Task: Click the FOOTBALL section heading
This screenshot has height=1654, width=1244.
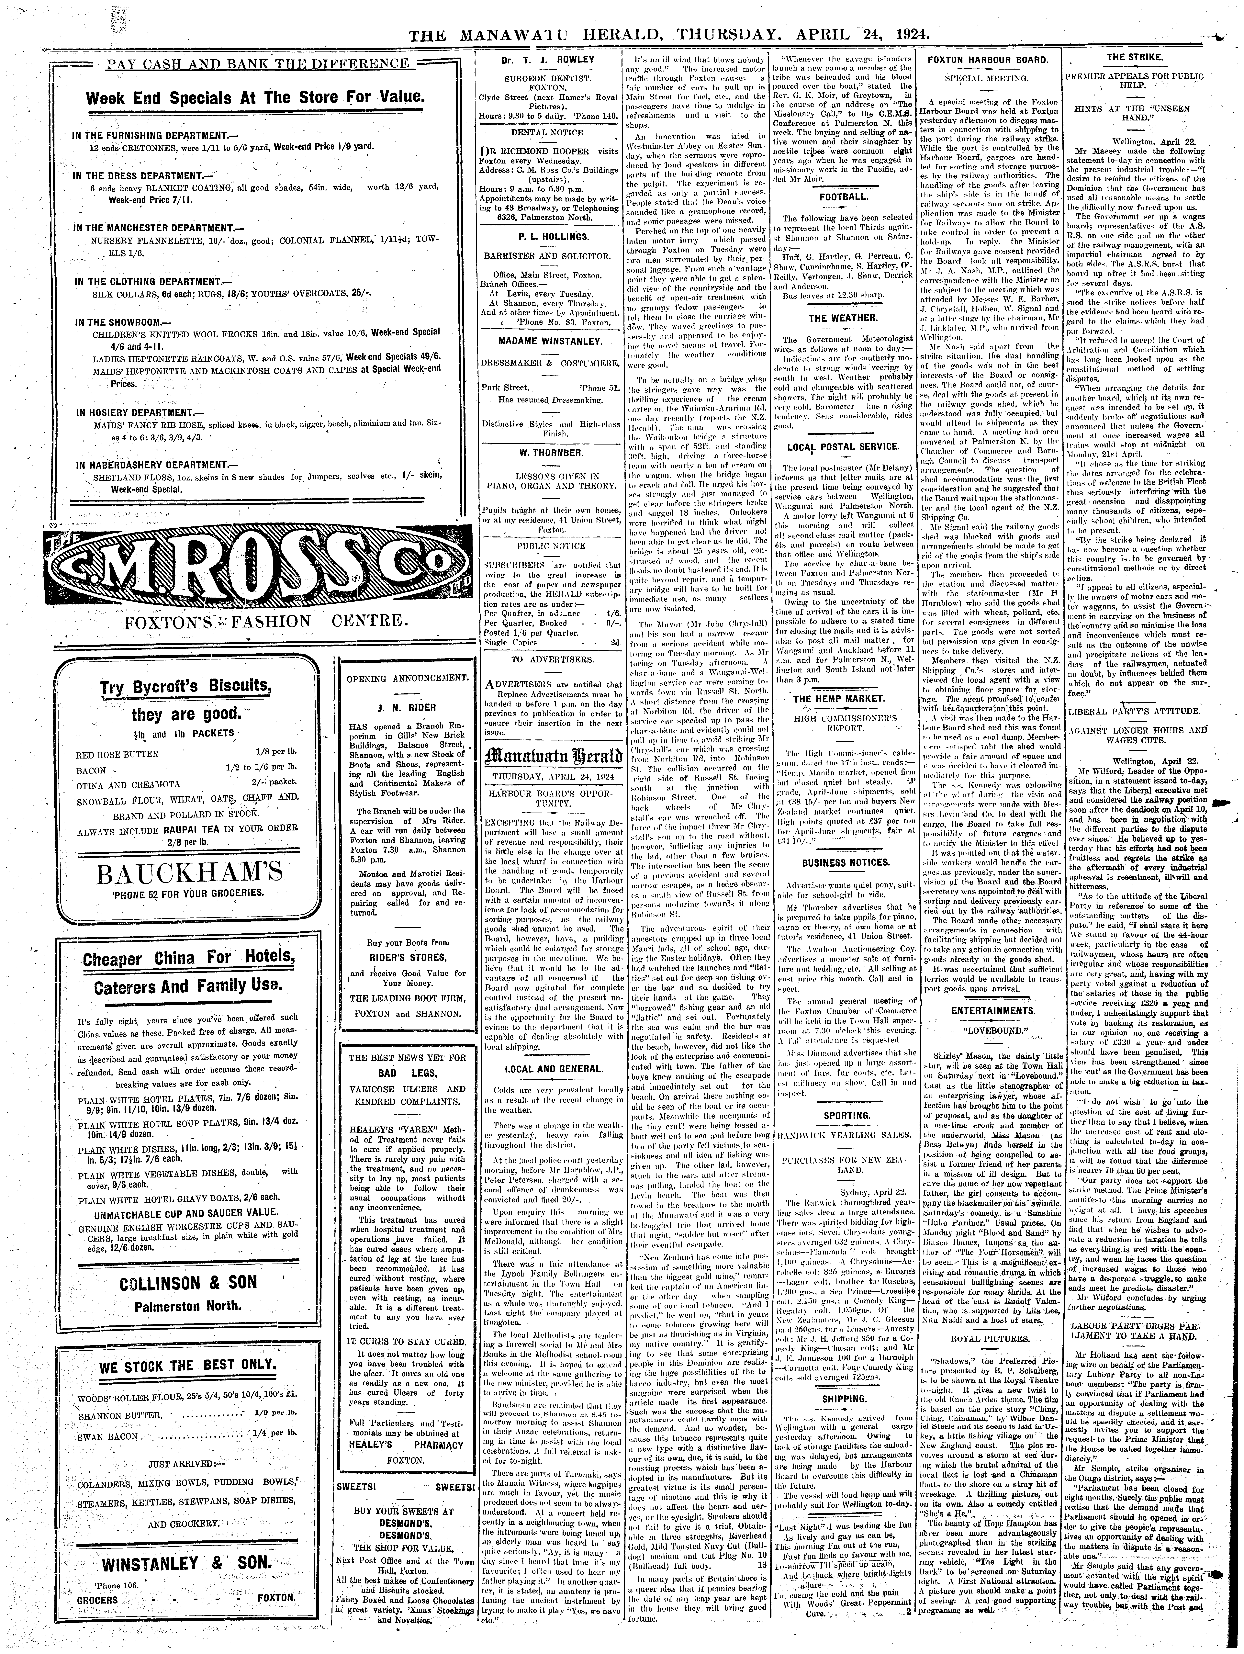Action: [843, 197]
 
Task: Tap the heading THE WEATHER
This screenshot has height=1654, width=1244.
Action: [843, 318]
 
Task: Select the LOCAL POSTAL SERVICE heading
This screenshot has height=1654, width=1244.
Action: [843, 446]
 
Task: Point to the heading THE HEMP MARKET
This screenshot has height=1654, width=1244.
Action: [843, 698]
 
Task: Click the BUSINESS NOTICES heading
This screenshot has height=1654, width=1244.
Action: [843, 862]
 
